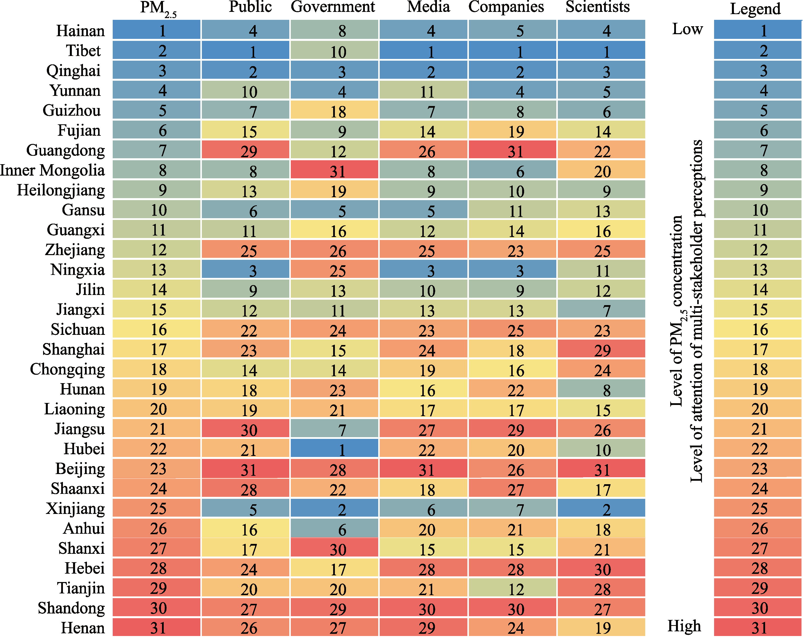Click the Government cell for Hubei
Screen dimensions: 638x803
[334, 449]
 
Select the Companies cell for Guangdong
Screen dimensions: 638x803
[512, 150]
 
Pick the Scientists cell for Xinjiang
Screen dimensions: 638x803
[601, 508]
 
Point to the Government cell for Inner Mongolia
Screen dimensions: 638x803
[334, 170]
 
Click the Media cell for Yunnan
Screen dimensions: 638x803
[423, 90]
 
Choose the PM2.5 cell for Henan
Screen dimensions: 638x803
[157, 628]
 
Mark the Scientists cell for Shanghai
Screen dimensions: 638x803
[601, 349]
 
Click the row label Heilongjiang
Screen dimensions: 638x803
[61, 190]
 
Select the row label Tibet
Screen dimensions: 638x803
[83, 51]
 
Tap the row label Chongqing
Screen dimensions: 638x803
[67, 369]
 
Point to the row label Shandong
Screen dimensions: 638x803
[71, 608]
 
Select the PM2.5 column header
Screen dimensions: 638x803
[158, 8]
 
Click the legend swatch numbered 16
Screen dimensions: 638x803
[758, 329]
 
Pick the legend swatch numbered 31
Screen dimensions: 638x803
[758, 628]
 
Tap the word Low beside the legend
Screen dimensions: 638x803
[687, 29]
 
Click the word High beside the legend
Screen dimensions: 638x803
[684, 626]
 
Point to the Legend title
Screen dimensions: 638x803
[755, 9]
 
